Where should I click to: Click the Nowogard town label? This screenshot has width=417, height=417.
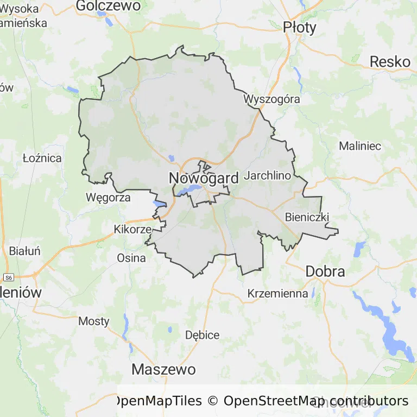click(x=204, y=178)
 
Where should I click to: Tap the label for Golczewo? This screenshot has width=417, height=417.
click(x=109, y=5)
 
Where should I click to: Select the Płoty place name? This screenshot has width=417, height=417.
click(x=299, y=27)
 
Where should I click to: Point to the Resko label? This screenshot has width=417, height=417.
click(x=390, y=62)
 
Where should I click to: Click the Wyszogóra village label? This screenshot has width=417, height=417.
click(x=271, y=99)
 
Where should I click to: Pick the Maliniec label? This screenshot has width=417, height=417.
click(x=360, y=146)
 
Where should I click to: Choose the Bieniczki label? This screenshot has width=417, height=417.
click(x=307, y=217)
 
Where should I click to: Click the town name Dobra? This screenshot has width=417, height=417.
click(x=325, y=271)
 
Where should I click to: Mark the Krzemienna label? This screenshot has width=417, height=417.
click(x=277, y=294)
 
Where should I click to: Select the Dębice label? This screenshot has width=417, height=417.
click(x=202, y=335)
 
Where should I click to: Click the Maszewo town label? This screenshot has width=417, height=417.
click(x=163, y=370)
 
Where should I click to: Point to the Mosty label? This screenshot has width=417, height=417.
click(x=93, y=321)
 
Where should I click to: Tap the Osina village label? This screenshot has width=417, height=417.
click(x=131, y=258)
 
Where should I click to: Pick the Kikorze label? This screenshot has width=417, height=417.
click(x=132, y=229)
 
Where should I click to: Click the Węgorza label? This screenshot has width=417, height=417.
click(x=108, y=198)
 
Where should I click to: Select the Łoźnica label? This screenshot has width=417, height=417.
click(x=42, y=159)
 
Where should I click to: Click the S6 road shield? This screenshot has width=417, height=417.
click(x=7, y=276)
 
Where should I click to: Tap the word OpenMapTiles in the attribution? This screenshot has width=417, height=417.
click(x=157, y=401)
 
